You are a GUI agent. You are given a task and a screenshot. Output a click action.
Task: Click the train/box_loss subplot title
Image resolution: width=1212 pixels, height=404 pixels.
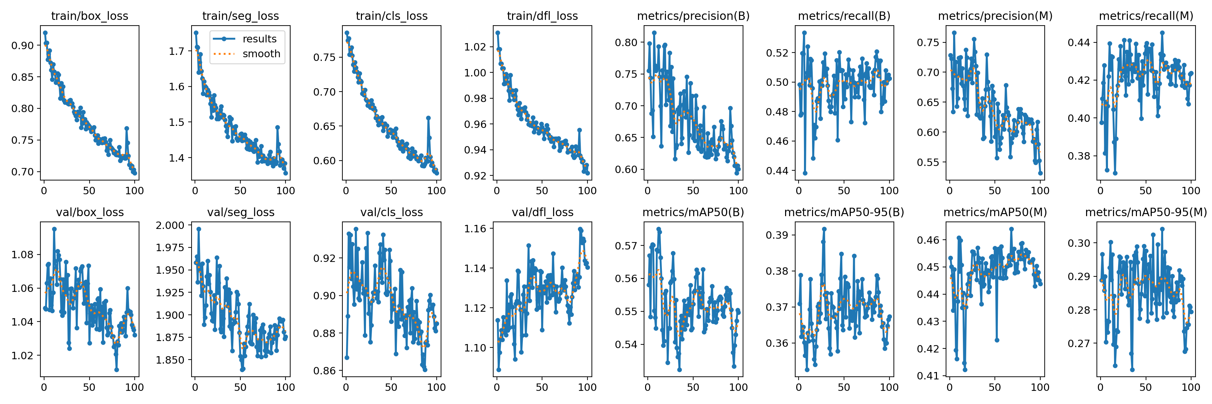click(x=90, y=16)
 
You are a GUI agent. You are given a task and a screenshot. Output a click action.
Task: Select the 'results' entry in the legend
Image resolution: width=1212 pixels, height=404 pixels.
click(x=259, y=39)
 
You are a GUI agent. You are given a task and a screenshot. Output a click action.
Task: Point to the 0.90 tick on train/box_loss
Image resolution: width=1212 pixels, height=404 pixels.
click(x=23, y=46)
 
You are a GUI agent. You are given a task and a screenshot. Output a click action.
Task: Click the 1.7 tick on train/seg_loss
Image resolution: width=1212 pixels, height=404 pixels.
click(x=177, y=51)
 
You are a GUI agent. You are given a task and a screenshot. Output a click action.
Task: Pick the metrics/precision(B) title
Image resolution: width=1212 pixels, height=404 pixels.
click(x=693, y=16)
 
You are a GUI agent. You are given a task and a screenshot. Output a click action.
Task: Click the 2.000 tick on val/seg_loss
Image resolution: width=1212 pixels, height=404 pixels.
click(x=170, y=225)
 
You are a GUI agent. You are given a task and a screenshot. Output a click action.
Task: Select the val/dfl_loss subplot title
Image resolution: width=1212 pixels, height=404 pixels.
click(x=542, y=212)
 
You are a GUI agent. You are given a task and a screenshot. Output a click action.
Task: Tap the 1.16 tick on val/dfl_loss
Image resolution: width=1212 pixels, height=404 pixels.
click(x=475, y=229)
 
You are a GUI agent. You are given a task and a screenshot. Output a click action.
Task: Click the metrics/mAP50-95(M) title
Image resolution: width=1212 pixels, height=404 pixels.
click(x=1146, y=212)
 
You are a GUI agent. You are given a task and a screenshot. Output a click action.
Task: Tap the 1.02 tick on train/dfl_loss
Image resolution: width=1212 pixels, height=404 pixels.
click(x=475, y=47)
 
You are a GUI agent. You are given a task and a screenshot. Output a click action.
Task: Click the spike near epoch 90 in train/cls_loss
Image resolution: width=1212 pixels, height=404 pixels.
click(x=428, y=118)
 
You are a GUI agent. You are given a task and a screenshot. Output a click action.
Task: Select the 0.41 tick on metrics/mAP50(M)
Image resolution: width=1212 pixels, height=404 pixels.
click(x=928, y=376)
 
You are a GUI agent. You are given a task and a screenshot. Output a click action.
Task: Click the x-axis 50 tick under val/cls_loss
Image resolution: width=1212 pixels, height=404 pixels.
click(x=391, y=387)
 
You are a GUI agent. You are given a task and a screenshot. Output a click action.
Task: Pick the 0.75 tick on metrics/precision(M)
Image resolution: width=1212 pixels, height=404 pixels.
click(x=928, y=43)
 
